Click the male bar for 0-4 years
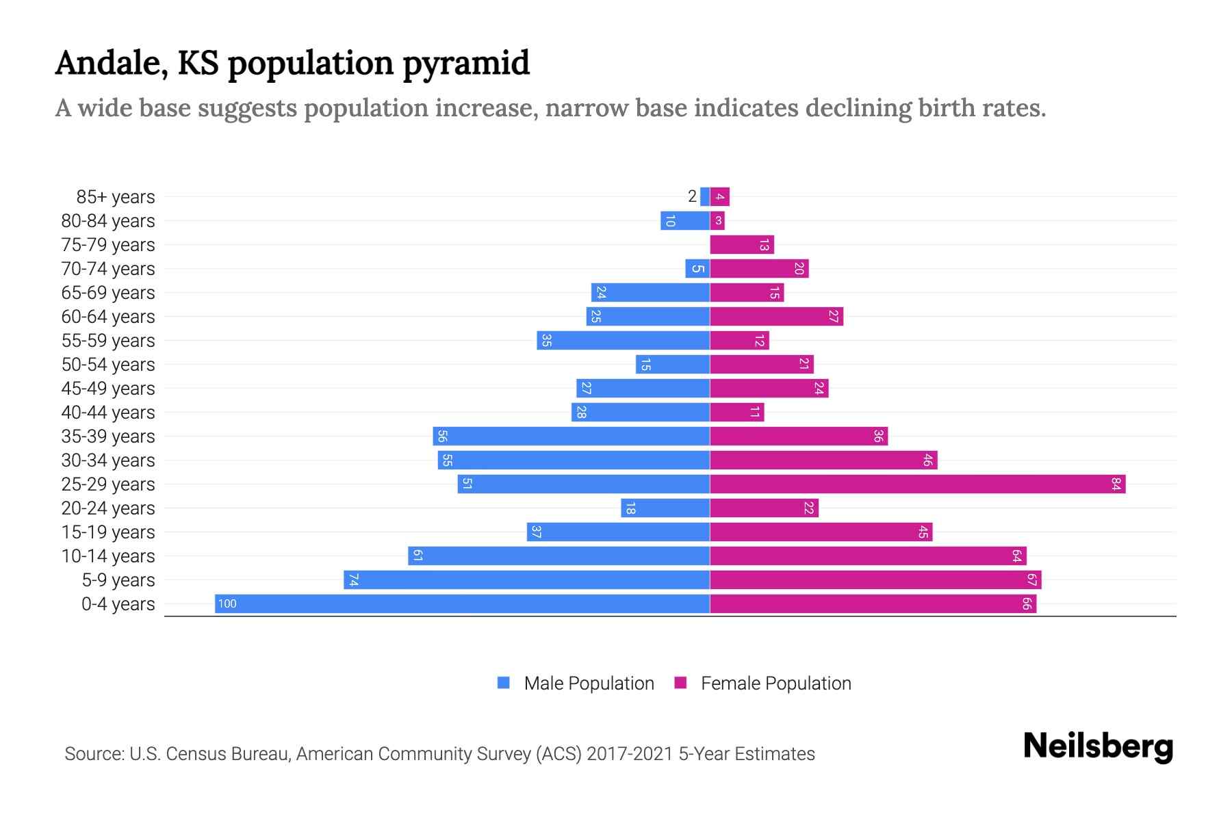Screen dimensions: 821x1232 pos(462,603)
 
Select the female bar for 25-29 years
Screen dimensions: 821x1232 pos(917,484)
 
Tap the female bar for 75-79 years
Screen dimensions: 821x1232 pos(742,245)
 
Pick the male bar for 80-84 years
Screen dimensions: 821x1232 pos(685,221)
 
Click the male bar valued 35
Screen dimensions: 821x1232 pos(623,341)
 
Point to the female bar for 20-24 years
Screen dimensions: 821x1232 pos(764,508)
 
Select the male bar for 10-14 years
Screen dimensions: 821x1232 pos(559,556)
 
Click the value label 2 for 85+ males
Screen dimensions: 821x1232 pos(692,196)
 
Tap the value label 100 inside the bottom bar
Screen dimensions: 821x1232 pos(227,603)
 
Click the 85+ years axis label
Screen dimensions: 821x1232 pos(116,197)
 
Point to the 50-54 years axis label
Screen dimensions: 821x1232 pos(108,365)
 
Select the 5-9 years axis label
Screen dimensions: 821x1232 pos(118,580)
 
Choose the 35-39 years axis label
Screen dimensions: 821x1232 pos(108,436)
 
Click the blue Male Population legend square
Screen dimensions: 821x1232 pos(504,683)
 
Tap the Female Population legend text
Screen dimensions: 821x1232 pos(775,683)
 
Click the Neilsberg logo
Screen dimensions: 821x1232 pos(1098,746)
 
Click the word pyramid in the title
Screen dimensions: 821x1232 pos(465,64)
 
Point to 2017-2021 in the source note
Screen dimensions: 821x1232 pos(629,754)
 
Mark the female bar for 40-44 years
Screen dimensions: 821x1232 pos(736,413)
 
